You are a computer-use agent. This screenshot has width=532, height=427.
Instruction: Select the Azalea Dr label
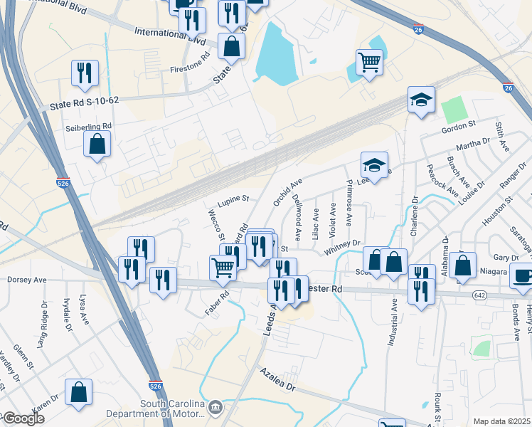pos(276,381)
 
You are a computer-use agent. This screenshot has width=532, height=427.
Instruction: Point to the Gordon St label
pos(458,125)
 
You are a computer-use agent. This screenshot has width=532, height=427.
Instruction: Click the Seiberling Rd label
pos(89,126)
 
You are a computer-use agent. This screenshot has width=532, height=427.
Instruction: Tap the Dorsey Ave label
pos(26,280)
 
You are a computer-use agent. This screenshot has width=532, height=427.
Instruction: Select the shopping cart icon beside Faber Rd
pos(223,267)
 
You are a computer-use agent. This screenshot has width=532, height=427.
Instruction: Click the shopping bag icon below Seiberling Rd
pos(97,144)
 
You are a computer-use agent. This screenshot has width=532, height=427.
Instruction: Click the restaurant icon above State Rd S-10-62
pos(83,72)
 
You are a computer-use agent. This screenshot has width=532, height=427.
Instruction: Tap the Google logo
pos(23,418)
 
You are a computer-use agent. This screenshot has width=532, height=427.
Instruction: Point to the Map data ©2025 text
pos(501,421)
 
